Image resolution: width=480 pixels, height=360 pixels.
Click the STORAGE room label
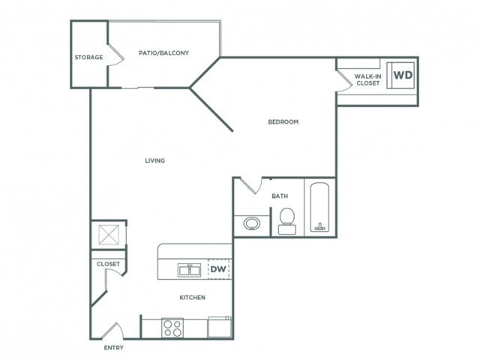pos(88,57)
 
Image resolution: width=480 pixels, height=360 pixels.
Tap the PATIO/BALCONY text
pos(163,53)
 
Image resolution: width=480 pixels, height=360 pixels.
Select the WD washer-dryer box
pos(402,75)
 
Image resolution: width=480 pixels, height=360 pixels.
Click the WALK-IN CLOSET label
pos(367,79)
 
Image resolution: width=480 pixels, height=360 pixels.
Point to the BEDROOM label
pos(283,122)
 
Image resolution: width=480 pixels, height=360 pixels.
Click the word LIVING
pos(155,160)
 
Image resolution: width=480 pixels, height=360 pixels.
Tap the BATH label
pos(280,196)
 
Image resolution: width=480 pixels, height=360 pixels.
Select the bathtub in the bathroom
pos(320,208)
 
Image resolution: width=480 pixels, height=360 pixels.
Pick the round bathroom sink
pos(252,223)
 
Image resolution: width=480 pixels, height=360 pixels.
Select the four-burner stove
pos(172,328)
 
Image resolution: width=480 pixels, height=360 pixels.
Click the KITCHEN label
pos(192,298)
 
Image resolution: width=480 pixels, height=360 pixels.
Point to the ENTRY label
pos(114,348)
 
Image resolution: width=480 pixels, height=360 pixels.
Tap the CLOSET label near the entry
pos(108,264)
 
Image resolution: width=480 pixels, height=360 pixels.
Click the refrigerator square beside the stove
pos(219,327)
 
